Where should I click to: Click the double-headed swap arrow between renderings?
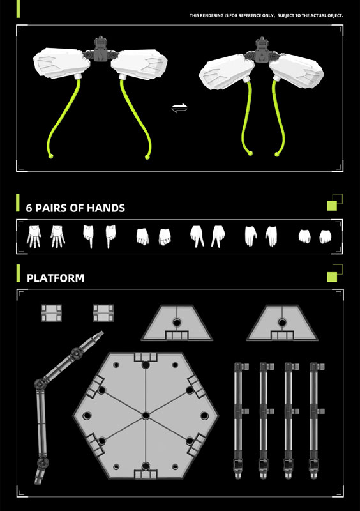pyautogui.click(x=179, y=107)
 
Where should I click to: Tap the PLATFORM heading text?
pyautogui.click(x=56, y=278)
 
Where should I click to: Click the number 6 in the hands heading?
pyautogui.click(x=29, y=208)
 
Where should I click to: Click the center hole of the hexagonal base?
pyautogui.click(x=146, y=416)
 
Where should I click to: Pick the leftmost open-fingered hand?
pyautogui.click(x=34, y=236)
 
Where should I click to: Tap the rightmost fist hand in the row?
pyautogui.click(x=325, y=236)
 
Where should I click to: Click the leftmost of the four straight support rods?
pyautogui.click(x=239, y=420)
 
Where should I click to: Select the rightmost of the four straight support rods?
pyautogui.click(x=315, y=420)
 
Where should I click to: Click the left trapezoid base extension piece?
pyautogui.click(x=177, y=323)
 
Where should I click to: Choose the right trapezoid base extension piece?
pyautogui.click(x=282, y=323)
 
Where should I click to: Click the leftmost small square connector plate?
pyautogui.click(x=51, y=313)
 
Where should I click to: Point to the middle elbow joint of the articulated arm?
pyautogui.click(x=40, y=384)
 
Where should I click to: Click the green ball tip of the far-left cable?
pyautogui.click(x=50, y=156)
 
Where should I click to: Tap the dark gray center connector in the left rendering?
pyautogui.click(x=100, y=50)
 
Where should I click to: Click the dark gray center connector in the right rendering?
pyautogui.click(x=262, y=50)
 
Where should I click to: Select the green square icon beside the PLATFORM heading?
pyautogui.click(x=332, y=277)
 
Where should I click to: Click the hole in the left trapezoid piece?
pyautogui.click(x=177, y=323)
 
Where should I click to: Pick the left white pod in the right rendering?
pyautogui.click(x=227, y=72)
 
